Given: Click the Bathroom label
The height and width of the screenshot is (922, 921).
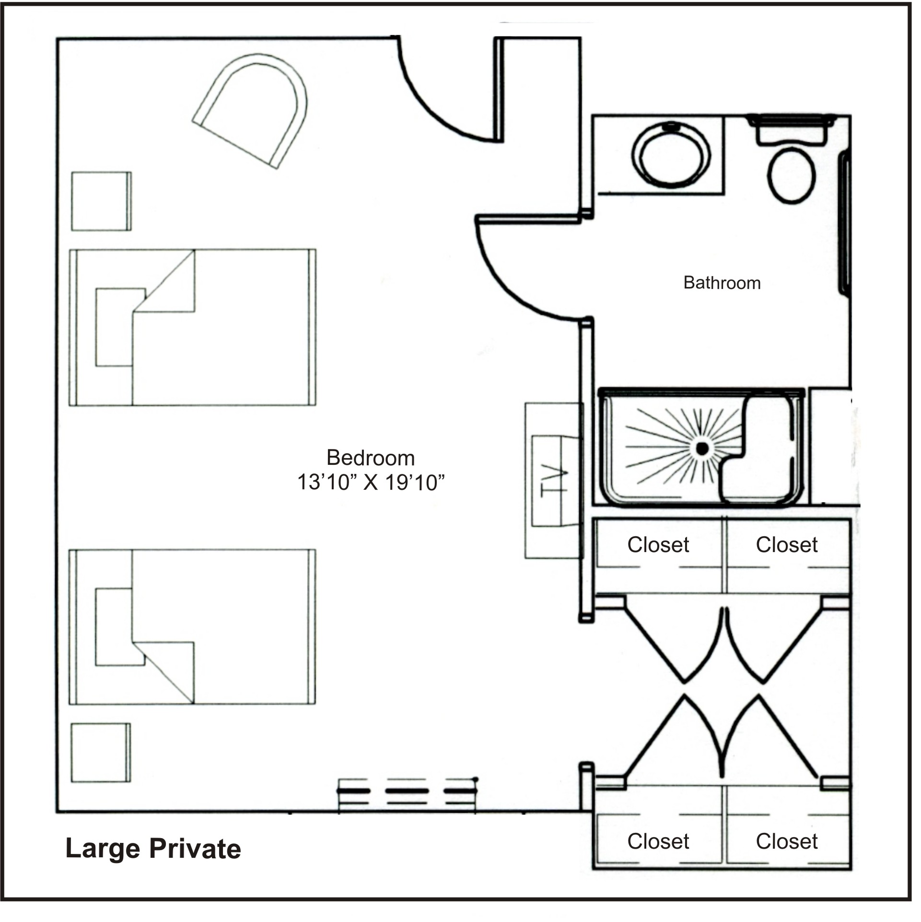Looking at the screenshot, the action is tap(722, 283).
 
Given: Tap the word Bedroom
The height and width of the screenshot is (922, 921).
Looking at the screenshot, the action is tap(371, 458).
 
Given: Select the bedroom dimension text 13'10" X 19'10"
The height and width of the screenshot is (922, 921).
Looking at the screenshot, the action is tap(371, 483).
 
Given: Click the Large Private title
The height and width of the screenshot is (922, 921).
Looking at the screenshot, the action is tap(153, 849).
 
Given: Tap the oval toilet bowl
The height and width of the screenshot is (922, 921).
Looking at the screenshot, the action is tap(792, 175).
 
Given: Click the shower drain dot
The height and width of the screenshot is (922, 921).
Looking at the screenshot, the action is tap(702, 449).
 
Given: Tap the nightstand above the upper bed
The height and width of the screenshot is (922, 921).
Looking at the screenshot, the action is tap(101, 201).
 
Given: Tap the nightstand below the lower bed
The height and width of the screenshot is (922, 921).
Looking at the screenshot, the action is tap(101, 753).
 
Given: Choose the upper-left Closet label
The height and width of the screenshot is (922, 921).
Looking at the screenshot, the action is tap(658, 545).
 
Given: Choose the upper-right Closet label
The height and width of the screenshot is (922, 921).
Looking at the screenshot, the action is tap(787, 545).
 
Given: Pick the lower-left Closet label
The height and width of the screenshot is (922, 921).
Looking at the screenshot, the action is tap(658, 841).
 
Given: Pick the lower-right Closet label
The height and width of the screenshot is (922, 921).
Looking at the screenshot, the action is tap(787, 841).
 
